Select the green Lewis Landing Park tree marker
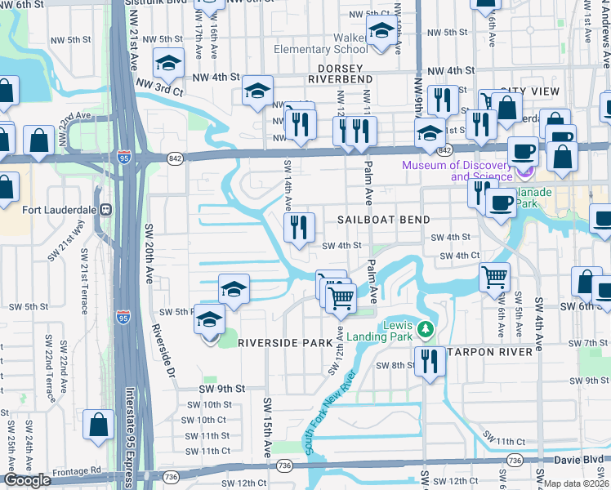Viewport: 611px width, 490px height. [x=424, y=330]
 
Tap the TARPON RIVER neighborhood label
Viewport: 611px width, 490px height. [x=493, y=351]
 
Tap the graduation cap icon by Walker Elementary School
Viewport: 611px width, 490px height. [x=380, y=32]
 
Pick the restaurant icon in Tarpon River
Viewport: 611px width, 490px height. [x=430, y=360]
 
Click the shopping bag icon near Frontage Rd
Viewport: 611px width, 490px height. [x=98, y=425]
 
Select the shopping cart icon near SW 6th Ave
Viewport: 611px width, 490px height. [x=494, y=278]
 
